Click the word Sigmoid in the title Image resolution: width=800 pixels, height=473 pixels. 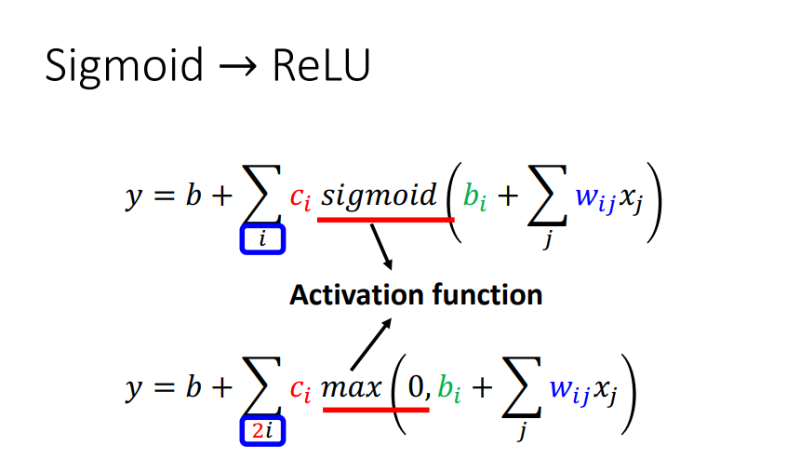[125, 66]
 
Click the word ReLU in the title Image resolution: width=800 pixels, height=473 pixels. [322, 65]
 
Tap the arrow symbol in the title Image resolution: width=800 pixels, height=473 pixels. [238, 67]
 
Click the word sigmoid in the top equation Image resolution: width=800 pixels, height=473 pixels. [380, 196]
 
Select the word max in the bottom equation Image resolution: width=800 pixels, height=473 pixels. [352, 387]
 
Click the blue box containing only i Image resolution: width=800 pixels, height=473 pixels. [262, 239]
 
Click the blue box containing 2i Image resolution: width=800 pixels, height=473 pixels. [262, 431]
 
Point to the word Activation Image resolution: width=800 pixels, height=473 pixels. [356, 295]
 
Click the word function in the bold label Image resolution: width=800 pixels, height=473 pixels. [487, 295]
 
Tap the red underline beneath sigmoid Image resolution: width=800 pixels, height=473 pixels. [386, 220]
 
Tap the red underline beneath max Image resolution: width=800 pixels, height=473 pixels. [376, 410]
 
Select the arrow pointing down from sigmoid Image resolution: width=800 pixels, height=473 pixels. [381, 247]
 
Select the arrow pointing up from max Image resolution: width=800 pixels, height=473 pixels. [371, 344]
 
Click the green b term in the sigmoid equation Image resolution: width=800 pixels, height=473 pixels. [474, 196]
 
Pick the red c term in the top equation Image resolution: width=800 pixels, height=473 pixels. [300, 198]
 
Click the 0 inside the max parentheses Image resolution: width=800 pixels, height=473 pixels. [416, 387]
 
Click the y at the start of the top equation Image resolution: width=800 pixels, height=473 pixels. [134, 197]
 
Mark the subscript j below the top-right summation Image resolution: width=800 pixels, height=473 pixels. [548, 239]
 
